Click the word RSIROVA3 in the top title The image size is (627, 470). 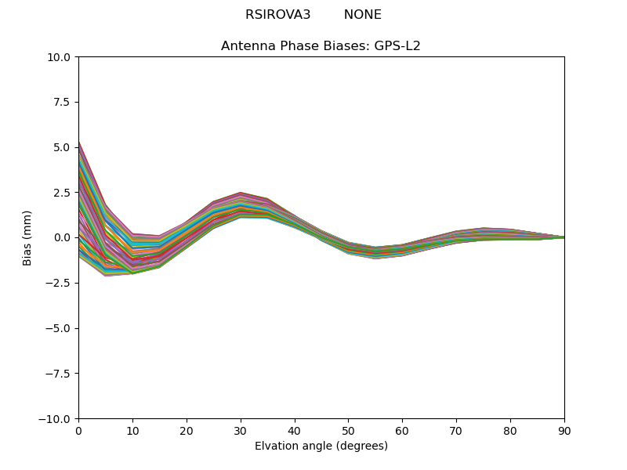coord(277,15)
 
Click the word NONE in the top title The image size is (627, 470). coord(362,15)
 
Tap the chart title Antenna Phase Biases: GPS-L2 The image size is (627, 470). coord(321,46)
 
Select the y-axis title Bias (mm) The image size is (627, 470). coord(27,237)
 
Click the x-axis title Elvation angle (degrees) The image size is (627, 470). coord(321,446)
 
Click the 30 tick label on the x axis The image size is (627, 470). coord(241,431)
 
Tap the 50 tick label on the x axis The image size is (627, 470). coord(348,431)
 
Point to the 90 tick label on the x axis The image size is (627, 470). coord(564,431)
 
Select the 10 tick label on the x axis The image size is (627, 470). coord(132,431)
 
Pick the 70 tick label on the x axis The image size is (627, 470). coord(456,431)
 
